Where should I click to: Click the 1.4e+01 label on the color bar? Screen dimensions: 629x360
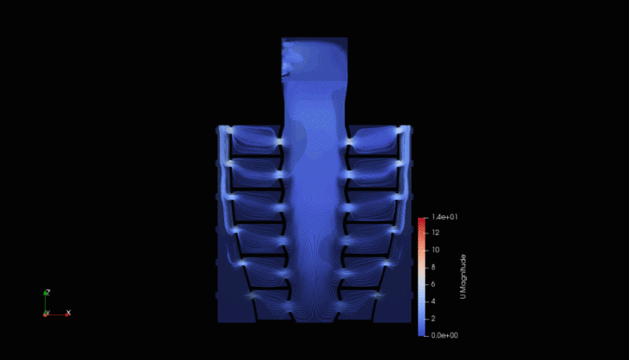tap(445, 217)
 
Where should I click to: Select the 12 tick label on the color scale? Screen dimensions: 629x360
tap(435, 233)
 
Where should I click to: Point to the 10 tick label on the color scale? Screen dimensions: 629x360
tap(436, 250)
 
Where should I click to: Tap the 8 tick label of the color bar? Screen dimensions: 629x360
tap(433, 267)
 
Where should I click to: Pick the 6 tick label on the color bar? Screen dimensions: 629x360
tap(433, 284)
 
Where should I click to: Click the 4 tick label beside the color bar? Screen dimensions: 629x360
tap(433, 301)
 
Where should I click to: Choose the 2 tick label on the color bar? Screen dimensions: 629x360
tap(433, 319)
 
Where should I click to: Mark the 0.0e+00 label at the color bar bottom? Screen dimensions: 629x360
tap(445, 335)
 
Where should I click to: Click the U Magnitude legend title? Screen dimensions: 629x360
tap(464, 276)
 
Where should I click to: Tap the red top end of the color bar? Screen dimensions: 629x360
tap(421, 220)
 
